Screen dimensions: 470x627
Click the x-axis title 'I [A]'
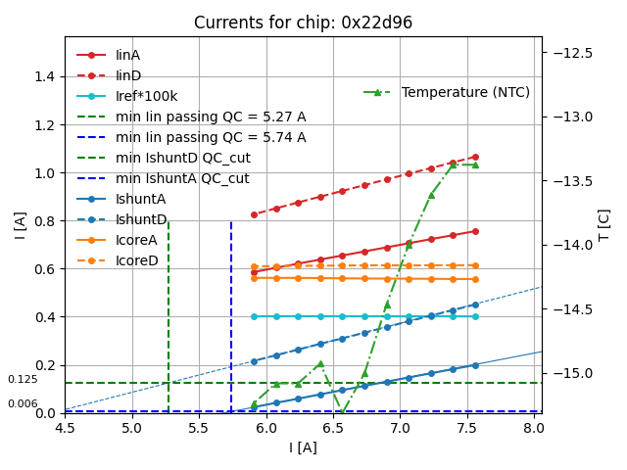tap(303, 447)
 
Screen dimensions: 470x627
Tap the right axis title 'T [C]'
tap(604, 224)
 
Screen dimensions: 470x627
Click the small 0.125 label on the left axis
tap(23, 379)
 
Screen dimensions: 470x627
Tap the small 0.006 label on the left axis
tap(23, 403)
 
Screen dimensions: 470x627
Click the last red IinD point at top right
tap(475, 157)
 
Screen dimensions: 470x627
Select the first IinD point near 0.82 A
tap(254, 214)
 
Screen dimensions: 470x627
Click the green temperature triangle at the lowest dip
tap(342, 412)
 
